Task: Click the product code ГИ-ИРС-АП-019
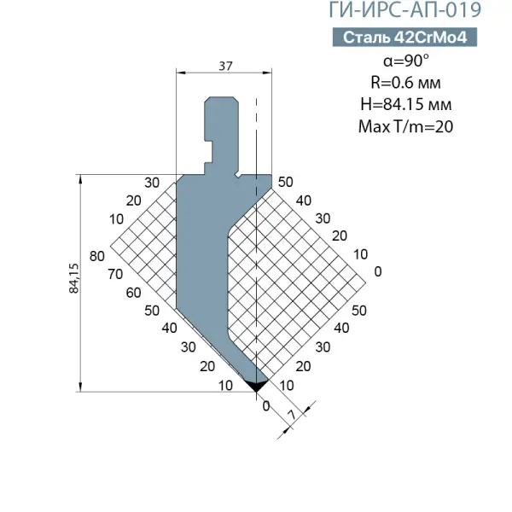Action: [404, 9]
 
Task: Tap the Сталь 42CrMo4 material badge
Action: [404, 38]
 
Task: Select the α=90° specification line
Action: [406, 61]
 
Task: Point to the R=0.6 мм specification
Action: [405, 83]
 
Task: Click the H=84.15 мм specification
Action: [406, 104]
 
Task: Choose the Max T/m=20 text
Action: [405, 126]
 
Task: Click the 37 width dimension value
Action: [225, 67]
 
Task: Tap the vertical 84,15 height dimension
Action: [74, 278]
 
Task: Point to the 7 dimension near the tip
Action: [292, 415]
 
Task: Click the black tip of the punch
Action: [257, 386]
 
